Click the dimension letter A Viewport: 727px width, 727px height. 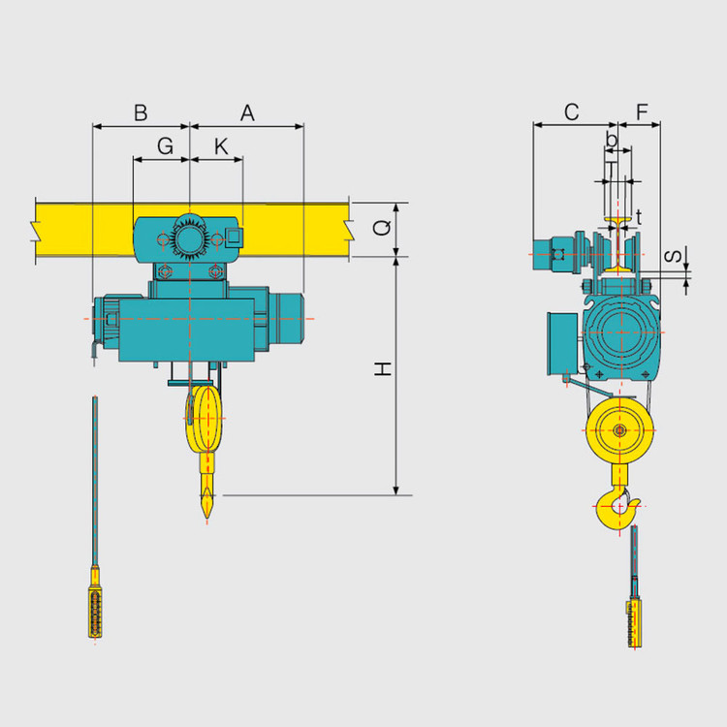(247, 113)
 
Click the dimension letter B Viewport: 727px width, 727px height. (141, 113)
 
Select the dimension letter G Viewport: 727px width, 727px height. (165, 146)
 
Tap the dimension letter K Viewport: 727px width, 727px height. (221, 146)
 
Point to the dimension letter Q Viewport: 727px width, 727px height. (382, 228)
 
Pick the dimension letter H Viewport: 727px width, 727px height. (383, 369)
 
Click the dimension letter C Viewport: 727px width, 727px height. (571, 112)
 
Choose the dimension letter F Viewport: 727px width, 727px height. (642, 112)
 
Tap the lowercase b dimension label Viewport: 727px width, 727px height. (612, 139)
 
